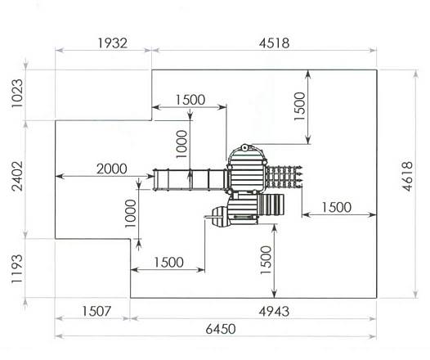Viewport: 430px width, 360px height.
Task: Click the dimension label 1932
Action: click(113, 43)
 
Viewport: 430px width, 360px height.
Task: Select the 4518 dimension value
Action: click(274, 43)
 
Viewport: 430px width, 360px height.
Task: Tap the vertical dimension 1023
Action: click(17, 93)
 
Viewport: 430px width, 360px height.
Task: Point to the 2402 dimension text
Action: click(17, 176)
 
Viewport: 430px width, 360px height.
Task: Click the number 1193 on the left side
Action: click(16, 269)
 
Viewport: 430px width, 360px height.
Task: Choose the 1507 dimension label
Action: click(96, 311)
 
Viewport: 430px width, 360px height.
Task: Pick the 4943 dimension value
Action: click(274, 312)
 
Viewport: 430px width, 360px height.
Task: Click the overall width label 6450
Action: click(221, 329)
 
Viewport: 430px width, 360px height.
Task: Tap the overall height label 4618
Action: click(407, 177)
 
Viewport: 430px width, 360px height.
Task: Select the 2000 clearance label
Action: click(112, 169)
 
